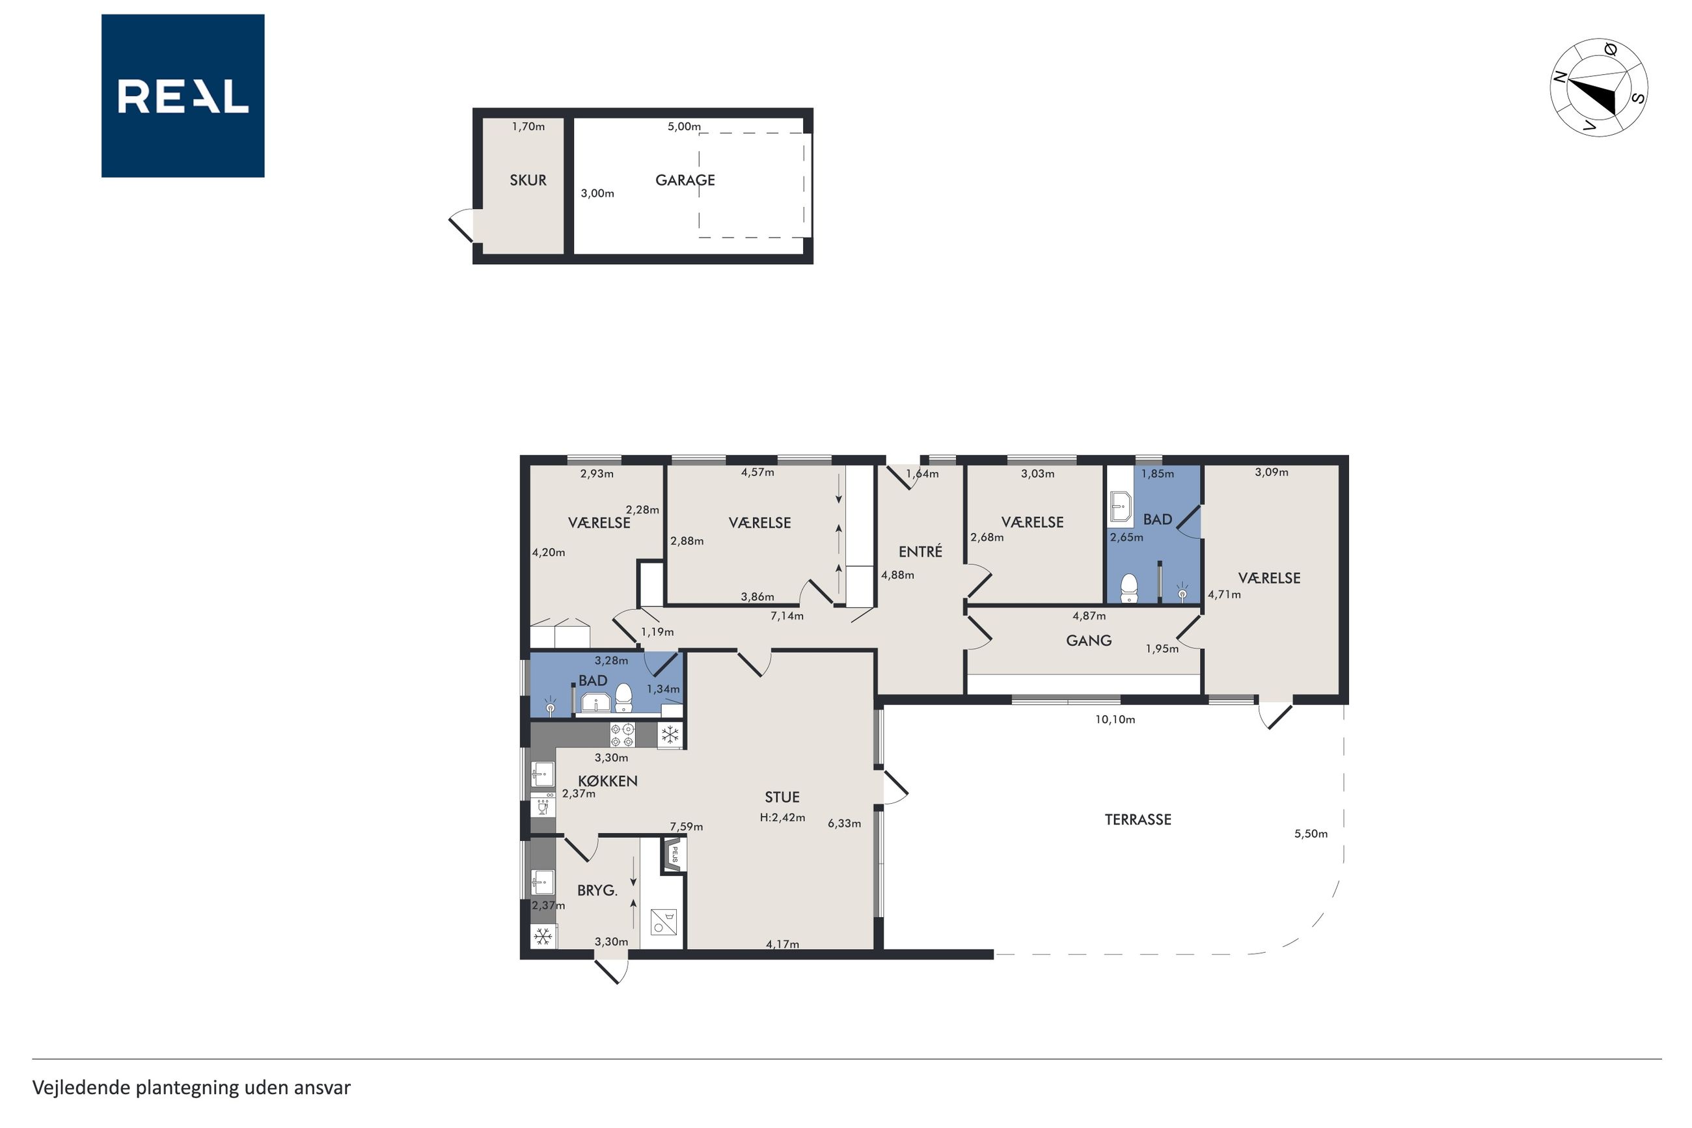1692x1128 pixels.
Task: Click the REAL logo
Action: click(x=183, y=96)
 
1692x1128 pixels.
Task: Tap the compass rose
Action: click(x=1598, y=88)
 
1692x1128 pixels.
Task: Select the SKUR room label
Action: click(x=528, y=180)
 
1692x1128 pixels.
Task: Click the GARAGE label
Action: click(x=685, y=180)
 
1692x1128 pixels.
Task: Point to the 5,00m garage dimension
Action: click(x=684, y=127)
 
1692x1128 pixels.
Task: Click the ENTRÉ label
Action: click(x=920, y=551)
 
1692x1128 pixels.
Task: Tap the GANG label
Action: click(x=1088, y=640)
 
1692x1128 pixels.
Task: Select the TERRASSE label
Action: click(x=1138, y=819)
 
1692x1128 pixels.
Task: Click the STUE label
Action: click(x=782, y=797)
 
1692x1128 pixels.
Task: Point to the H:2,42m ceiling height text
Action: click(x=782, y=818)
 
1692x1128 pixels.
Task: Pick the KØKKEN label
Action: click(x=608, y=780)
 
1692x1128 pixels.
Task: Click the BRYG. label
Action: click(x=597, y=890)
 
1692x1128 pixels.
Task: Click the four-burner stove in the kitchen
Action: click(x=623, y=734)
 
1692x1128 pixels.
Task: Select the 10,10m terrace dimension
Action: click(x=1115, y=719)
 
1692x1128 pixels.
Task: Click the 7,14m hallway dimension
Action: click(x=787, y=616)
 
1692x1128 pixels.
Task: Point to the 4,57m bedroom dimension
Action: click(x=757, y=473)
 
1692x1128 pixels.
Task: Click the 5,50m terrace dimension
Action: click(x=1310, y=834)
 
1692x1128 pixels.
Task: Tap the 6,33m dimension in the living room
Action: click(x=843, y=823)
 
